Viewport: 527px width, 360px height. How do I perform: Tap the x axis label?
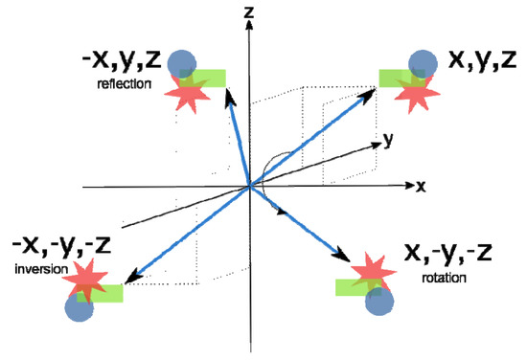420,185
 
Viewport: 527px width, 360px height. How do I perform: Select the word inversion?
37,269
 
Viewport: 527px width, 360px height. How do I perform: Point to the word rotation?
446,279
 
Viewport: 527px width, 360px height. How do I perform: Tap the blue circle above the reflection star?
182,63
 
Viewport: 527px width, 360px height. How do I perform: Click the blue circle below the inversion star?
80,305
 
